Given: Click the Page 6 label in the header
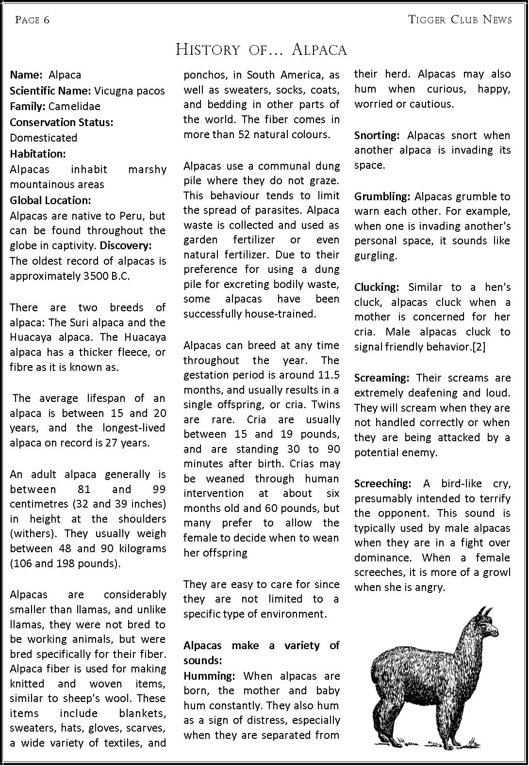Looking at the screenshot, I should [32, 20].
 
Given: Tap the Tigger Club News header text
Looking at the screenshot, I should [460, 19].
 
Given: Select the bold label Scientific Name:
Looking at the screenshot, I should [50, 91].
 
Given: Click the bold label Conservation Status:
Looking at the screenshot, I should [62, 122].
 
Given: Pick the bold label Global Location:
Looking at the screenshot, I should [50, 200].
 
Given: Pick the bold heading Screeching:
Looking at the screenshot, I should [383, 484].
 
